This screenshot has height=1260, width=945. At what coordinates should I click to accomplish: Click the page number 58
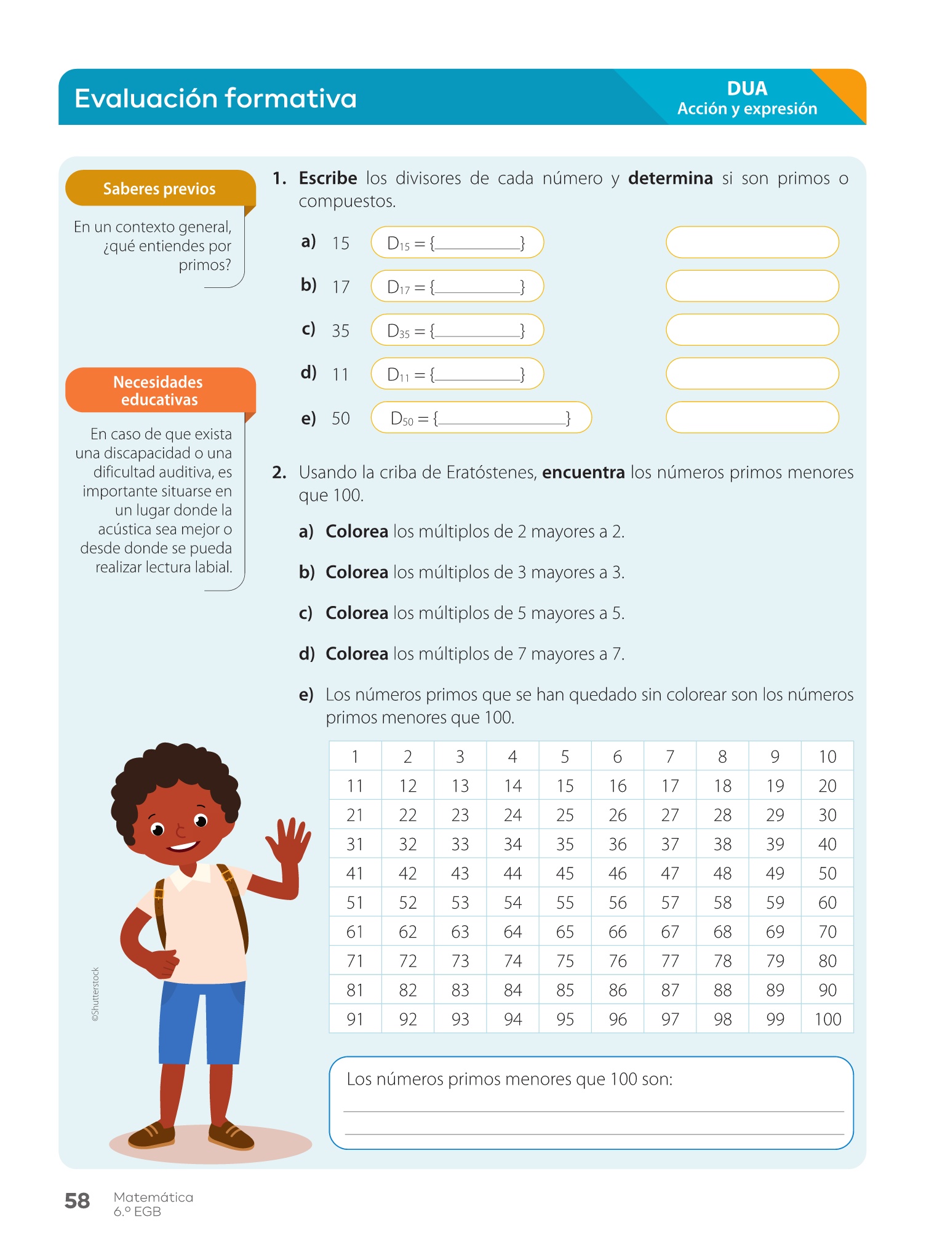77,1200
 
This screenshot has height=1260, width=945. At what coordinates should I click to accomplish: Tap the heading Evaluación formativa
215,98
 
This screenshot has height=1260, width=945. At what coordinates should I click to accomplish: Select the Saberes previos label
159,188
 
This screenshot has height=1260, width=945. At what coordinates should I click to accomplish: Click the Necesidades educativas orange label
159,391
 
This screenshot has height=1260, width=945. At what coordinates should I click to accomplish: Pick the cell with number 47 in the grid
670,873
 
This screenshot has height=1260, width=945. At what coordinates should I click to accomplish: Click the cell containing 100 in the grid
827,1019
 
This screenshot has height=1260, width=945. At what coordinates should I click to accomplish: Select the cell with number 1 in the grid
355,757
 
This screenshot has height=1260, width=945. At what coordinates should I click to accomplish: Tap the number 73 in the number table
460,961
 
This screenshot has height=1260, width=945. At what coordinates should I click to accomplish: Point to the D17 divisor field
457,287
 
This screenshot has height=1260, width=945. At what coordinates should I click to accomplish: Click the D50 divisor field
480,418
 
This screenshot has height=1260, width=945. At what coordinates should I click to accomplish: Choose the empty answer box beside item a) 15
752,242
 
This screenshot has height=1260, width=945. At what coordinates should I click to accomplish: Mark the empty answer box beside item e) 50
752,418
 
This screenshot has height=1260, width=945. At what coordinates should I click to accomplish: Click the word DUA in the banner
747,89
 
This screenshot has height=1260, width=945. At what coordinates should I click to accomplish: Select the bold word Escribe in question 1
328,178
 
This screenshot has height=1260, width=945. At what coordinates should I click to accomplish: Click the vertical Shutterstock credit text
95,995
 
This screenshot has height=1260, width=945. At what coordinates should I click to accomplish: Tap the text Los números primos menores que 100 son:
509,1079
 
